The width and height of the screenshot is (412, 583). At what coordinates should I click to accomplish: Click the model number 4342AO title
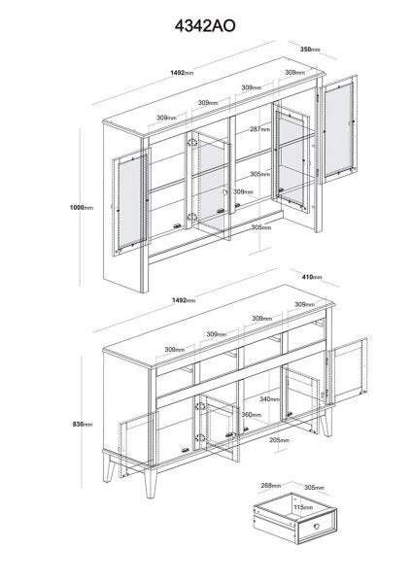coord(205,26)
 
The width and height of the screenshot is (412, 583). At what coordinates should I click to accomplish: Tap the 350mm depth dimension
coord(310,50)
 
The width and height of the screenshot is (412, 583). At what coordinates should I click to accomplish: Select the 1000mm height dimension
coord(82,208)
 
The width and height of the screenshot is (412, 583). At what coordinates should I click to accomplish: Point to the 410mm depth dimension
coord(312,277)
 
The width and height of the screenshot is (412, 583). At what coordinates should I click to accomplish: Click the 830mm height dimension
coord(83,425)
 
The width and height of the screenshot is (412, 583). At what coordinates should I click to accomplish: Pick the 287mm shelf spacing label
coord(259,129)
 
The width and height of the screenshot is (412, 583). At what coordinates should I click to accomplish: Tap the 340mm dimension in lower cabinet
coord(269,399)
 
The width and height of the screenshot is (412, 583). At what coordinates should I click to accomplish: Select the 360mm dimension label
coord(252,415)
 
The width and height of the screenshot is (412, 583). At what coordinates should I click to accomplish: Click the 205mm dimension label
coord(280,440)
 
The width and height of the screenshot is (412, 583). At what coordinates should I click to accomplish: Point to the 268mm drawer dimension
coord(271,486)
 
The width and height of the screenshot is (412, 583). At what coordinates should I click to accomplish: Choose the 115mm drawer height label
coord(303,507)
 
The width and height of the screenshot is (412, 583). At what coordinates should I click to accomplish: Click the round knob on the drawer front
coord(317,526)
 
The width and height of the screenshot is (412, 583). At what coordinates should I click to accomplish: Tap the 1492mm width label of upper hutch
coord(182,73)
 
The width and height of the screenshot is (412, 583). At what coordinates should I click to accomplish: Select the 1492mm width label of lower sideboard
coord(184,300)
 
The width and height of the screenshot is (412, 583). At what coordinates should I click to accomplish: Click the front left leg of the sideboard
coord(151,482)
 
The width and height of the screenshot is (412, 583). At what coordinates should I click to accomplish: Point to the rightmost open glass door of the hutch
coord(338,128)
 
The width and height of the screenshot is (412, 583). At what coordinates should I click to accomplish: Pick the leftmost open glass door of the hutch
coord(130,203)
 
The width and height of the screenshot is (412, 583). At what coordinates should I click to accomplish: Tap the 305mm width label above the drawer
coord(314,488)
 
